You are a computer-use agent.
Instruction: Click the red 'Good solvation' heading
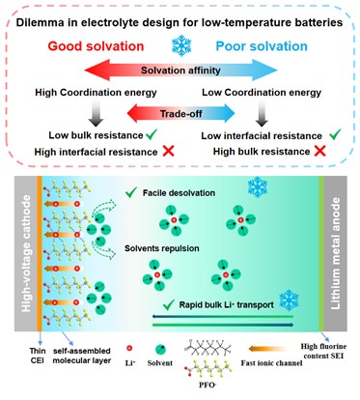pos(96,46)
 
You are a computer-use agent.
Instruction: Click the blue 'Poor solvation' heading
pos(262,46)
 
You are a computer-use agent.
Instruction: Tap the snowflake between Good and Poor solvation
pos(181,45)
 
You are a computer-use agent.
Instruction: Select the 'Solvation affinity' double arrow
pos(180,71)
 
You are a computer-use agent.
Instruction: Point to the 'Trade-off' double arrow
pos(180,113)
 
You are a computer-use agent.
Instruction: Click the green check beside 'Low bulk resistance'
pos(152,134)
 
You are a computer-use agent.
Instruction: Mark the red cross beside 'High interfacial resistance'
pos(168,151)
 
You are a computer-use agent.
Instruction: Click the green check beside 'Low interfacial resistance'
pos(335,134)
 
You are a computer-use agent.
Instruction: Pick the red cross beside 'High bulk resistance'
pos(319,151)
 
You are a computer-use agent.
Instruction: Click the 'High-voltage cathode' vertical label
pos(26,253)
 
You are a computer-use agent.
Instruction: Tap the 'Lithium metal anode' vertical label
pos(336,253)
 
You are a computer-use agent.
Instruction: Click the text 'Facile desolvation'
pos(179,193)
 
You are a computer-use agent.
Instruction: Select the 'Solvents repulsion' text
pos(162,248)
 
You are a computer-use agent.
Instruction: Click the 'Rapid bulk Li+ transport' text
pos(227,304)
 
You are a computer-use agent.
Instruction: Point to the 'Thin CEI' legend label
pos(38,356)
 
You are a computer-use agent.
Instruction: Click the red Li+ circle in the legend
pos(129,348)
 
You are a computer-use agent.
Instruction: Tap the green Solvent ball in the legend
pos(160,350)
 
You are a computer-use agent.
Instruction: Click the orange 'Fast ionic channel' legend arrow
pos(267,349)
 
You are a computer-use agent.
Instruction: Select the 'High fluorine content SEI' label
pos(323,351)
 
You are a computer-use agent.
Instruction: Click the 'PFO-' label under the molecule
pos(208,385)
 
